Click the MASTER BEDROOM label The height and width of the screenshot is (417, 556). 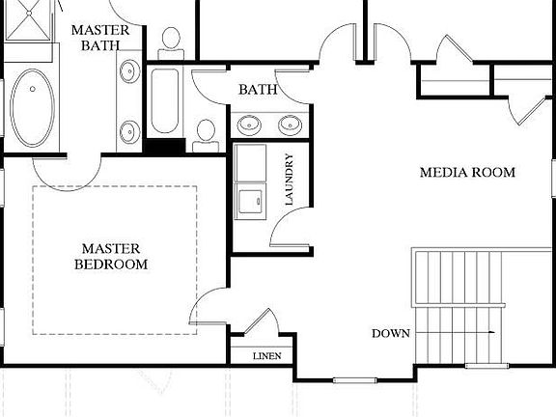pyautogui.click(x=114, y=256)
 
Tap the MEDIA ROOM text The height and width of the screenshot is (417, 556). pyautogui.click(x=467, y=173)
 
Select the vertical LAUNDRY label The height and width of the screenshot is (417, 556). pyautogui.click(x=288, y=181)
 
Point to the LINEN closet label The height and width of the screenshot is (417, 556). pyautogui.click(x=266, y=356)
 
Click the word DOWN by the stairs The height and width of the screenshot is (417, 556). pyautogui.click(x=391, y=334)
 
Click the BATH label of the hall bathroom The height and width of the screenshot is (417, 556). pyautogui.click(x=258, y=90)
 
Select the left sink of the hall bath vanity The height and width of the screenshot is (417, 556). pyautogui.click(x=250, y=125)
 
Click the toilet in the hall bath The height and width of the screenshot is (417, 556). pyautogui.click(x=205, y=134)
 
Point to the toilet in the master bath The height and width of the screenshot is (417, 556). pyautogui.click(x=172, y=40)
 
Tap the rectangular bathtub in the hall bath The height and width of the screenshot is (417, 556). pyautogui.click(x=164, y=102)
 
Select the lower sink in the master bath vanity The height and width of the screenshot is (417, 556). pyautogui.click(x=129, y=129)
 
